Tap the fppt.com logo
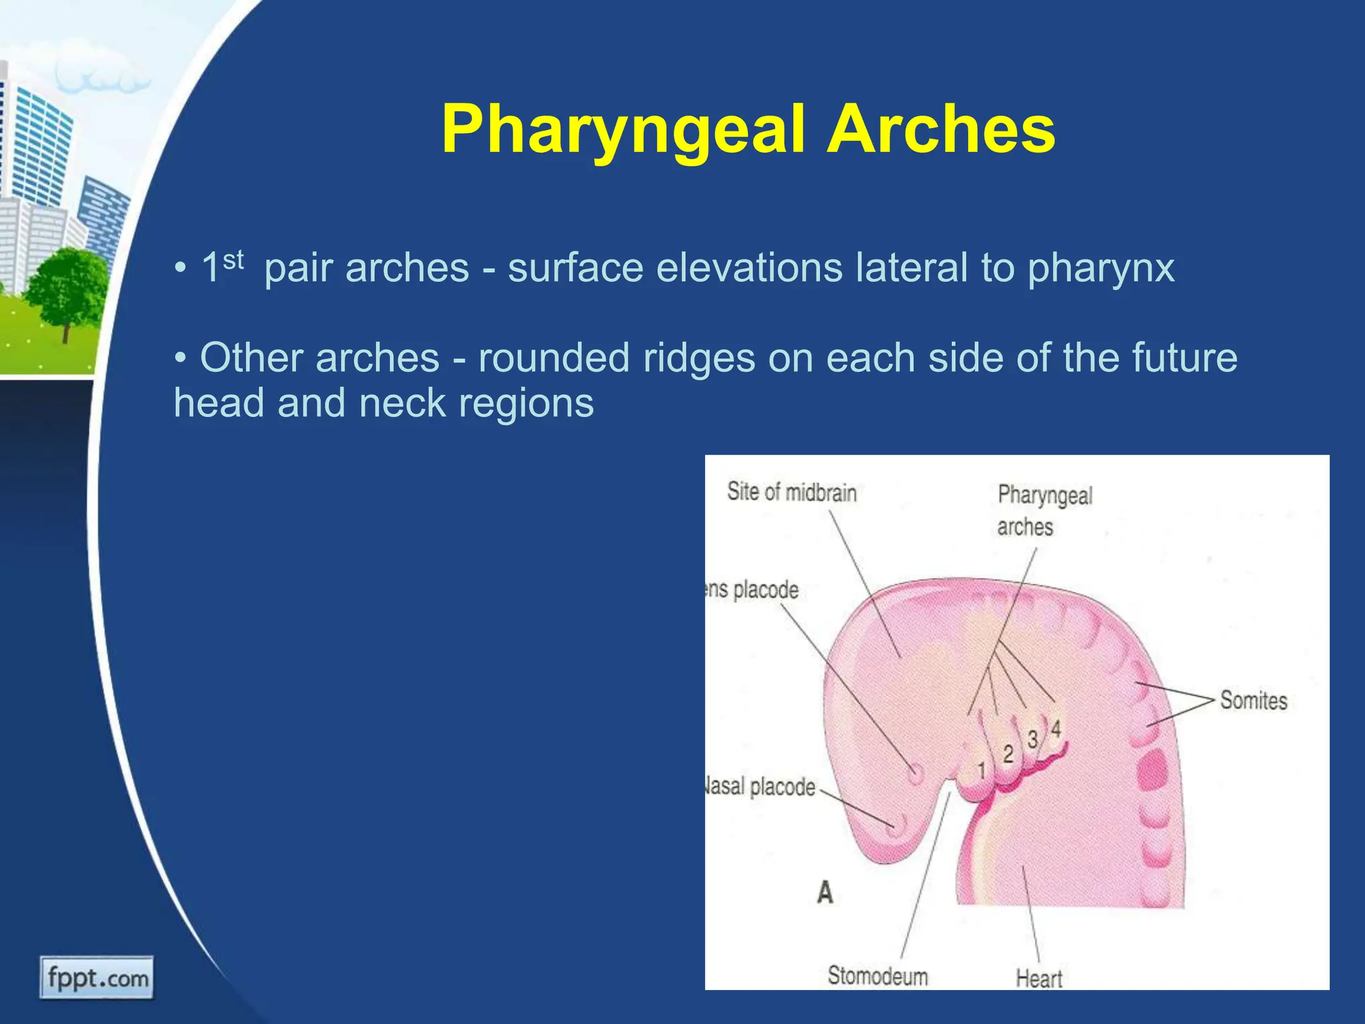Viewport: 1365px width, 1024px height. pyautogui.click(x=97, y=978)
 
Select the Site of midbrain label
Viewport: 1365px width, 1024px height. pyautogui.click(x=791, y=493)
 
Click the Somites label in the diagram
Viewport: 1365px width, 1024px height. pyautogui.click(x=1253, y=701)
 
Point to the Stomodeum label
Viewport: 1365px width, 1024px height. pyautogui.click(x=877, y=976)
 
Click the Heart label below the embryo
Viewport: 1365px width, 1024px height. pyautogui.click(x=1038, y=979)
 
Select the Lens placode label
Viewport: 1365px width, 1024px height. pyautogui.click(x=753, y=590)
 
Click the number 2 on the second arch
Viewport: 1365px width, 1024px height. pyautogui.click(x=1008, y=754)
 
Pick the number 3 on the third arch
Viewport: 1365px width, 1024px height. pyautogui.click(x=1032, y=739)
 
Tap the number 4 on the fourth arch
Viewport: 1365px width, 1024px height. pyautogui.click(x=1056, y=729)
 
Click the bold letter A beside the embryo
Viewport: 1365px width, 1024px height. pyautogui.click(x=824, y=892)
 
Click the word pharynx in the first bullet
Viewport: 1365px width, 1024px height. pyautogui.click(x=1100, y=268)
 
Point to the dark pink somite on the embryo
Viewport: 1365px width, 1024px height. pyautogui.click(x=1152, y=773)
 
